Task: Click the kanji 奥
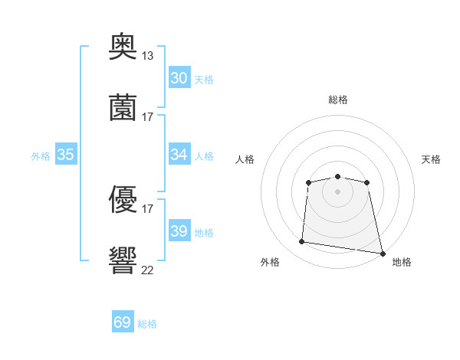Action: point(123,46)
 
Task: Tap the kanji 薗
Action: point(123,107)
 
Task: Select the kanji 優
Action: point(123,199)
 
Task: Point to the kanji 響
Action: point(123,260)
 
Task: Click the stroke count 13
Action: point(147,56)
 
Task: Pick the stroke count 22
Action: point(147,270)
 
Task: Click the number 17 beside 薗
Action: point(147,117)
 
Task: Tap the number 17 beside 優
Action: point(147,209)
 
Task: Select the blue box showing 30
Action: point(179,77)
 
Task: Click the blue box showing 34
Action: point(179,154)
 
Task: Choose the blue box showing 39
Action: point(179,230)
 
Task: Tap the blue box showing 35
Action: point(66,154)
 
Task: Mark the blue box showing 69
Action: point(123,321)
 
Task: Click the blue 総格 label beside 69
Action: point(147,324)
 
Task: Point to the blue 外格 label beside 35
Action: point(41,156)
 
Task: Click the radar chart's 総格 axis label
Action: point(338,100)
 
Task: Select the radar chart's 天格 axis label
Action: point(431,159)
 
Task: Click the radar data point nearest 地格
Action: point(383,254)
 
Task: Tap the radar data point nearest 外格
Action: point(301,241)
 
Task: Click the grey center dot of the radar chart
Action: point(337,191)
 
